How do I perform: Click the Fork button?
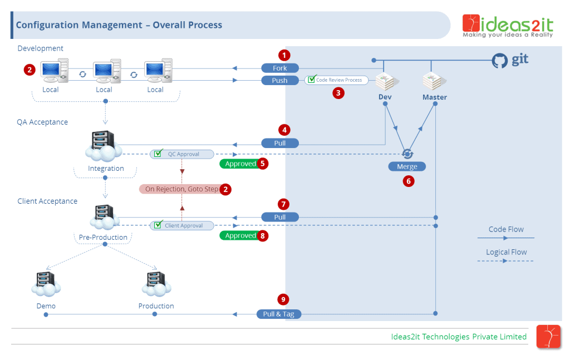click(280, 68)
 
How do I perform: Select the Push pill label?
click(280, 81)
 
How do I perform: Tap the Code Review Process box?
click(336, 80)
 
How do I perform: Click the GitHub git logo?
click(510, 60)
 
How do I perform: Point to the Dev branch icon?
click(385, 82)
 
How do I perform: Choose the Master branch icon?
click(434, 82)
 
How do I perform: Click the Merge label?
click(407, 166)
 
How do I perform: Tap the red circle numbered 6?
click(409, 181)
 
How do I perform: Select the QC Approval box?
click(182, 154)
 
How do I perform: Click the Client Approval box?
click(182, 226)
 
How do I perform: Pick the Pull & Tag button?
click(278, 314)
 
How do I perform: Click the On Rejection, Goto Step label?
click(181, 189)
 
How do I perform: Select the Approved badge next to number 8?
click(240, 235)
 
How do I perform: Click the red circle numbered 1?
click(284, 55)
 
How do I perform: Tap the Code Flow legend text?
click(506, 229)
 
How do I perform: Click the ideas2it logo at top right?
click(508, 26)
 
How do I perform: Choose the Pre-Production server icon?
click(104, 218)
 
